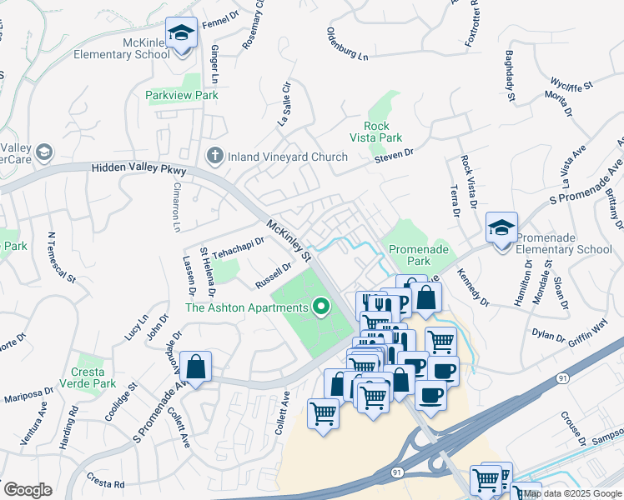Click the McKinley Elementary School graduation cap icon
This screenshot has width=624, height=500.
click(181, 34)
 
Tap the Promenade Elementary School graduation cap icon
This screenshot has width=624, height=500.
click(502, 228)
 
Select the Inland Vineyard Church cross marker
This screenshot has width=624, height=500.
click(214, 156)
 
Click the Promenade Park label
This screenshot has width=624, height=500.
click(420, 255)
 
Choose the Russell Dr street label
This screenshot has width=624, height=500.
click(274, 275)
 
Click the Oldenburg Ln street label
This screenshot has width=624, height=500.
click(346, 47)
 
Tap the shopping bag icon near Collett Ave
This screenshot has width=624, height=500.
click(195, 367)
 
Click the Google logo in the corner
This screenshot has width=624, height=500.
click(28, 489)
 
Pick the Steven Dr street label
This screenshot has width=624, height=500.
click(394, 155)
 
